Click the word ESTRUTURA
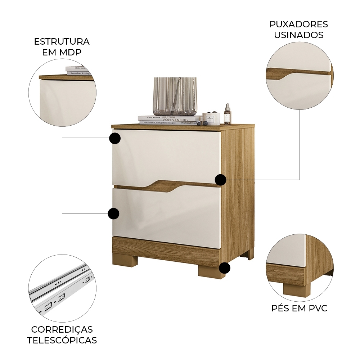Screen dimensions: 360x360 tap(62, 41)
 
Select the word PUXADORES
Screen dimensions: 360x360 tap(298, 24)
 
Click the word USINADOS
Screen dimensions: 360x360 tap(298, 35)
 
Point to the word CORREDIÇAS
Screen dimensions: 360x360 tap(62, 329)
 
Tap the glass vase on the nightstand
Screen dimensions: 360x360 tap(175, 96)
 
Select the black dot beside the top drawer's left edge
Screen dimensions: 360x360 tap(114, 138)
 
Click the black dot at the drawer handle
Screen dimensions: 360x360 tap(221, 180)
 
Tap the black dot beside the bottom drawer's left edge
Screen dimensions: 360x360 tap(113, 214)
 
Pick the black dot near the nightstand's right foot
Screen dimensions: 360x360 tap(225, 268)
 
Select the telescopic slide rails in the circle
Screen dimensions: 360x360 tap(61, 288)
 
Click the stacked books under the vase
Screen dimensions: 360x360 tap(169, 120)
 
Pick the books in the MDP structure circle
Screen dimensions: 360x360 tap(77, 71)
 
